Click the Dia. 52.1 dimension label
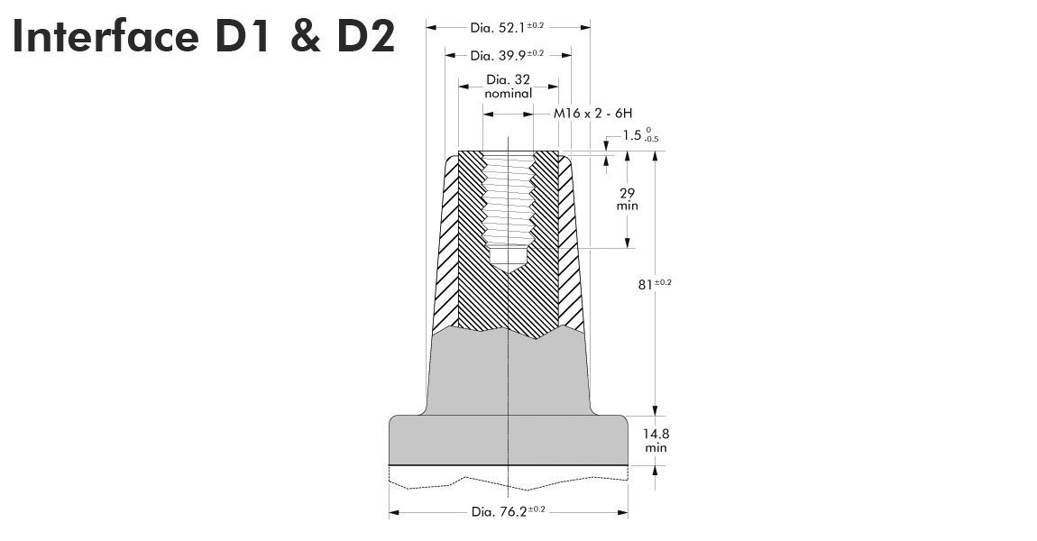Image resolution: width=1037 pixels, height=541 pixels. point(508,27)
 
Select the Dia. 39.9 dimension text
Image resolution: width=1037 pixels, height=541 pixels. point(508,55)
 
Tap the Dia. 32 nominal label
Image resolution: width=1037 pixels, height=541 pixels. point(509,86)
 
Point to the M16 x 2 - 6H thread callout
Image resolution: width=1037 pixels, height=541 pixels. point(593,114)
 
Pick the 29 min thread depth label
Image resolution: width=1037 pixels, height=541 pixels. point(628,199)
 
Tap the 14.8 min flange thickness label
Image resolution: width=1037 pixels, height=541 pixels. point(656,440)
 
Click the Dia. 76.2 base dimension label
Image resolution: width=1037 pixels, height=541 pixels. point(509,511)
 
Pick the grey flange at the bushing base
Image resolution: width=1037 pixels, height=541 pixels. point(509,440)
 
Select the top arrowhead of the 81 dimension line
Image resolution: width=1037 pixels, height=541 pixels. point(656,157)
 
